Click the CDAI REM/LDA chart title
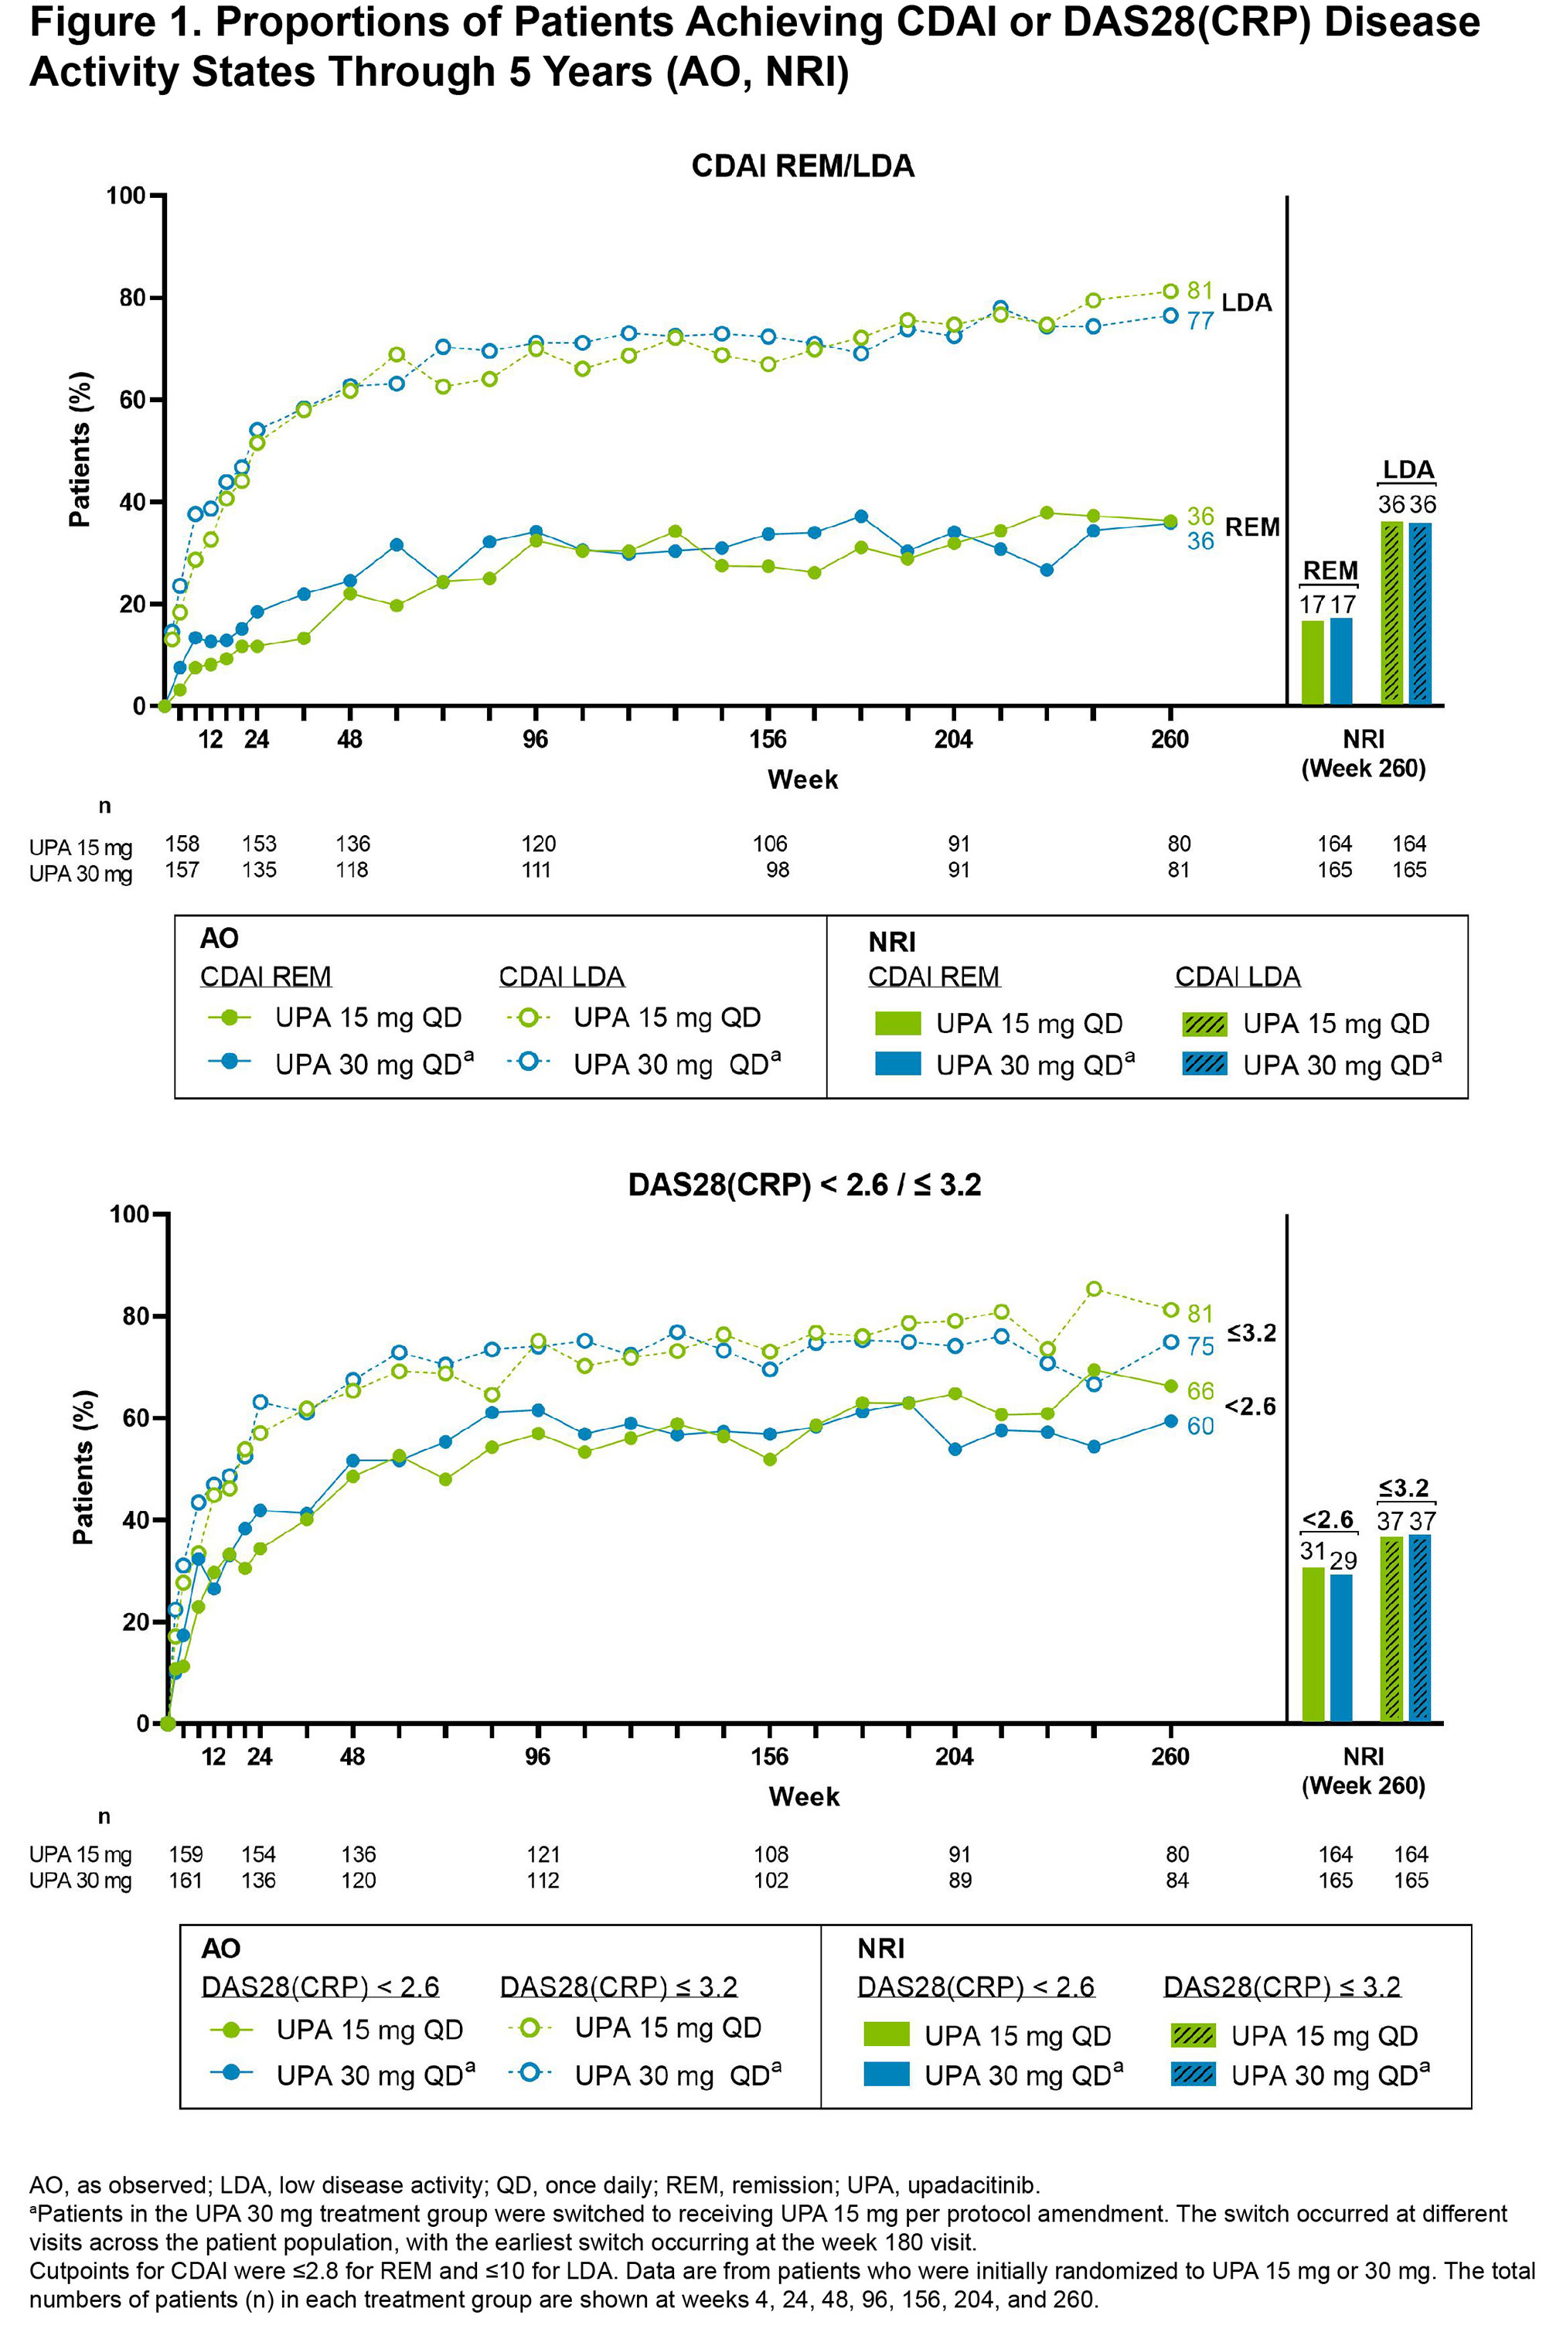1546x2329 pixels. click(802, 165)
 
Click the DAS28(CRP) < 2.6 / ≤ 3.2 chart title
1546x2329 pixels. click(804, 1185)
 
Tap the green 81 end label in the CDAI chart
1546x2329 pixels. click(1199, 290)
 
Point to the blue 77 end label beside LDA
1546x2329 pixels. click(1199, 320)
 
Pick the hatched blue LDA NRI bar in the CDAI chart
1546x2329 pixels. click(1421, 613)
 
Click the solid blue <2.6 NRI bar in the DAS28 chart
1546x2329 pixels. click(1341, 1648)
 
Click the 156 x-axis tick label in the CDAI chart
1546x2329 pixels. click(767, 739)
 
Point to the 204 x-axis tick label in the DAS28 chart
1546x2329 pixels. click(953, 1756)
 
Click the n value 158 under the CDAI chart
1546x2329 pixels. click(182, 844)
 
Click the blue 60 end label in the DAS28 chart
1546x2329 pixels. click(1200, 1426)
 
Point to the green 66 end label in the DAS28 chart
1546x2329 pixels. click(1200, 1391)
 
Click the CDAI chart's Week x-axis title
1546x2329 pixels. click(802, 780)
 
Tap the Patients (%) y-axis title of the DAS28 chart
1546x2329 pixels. click(83, 1467)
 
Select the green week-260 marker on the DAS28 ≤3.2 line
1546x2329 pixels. click(1170, 1311)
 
